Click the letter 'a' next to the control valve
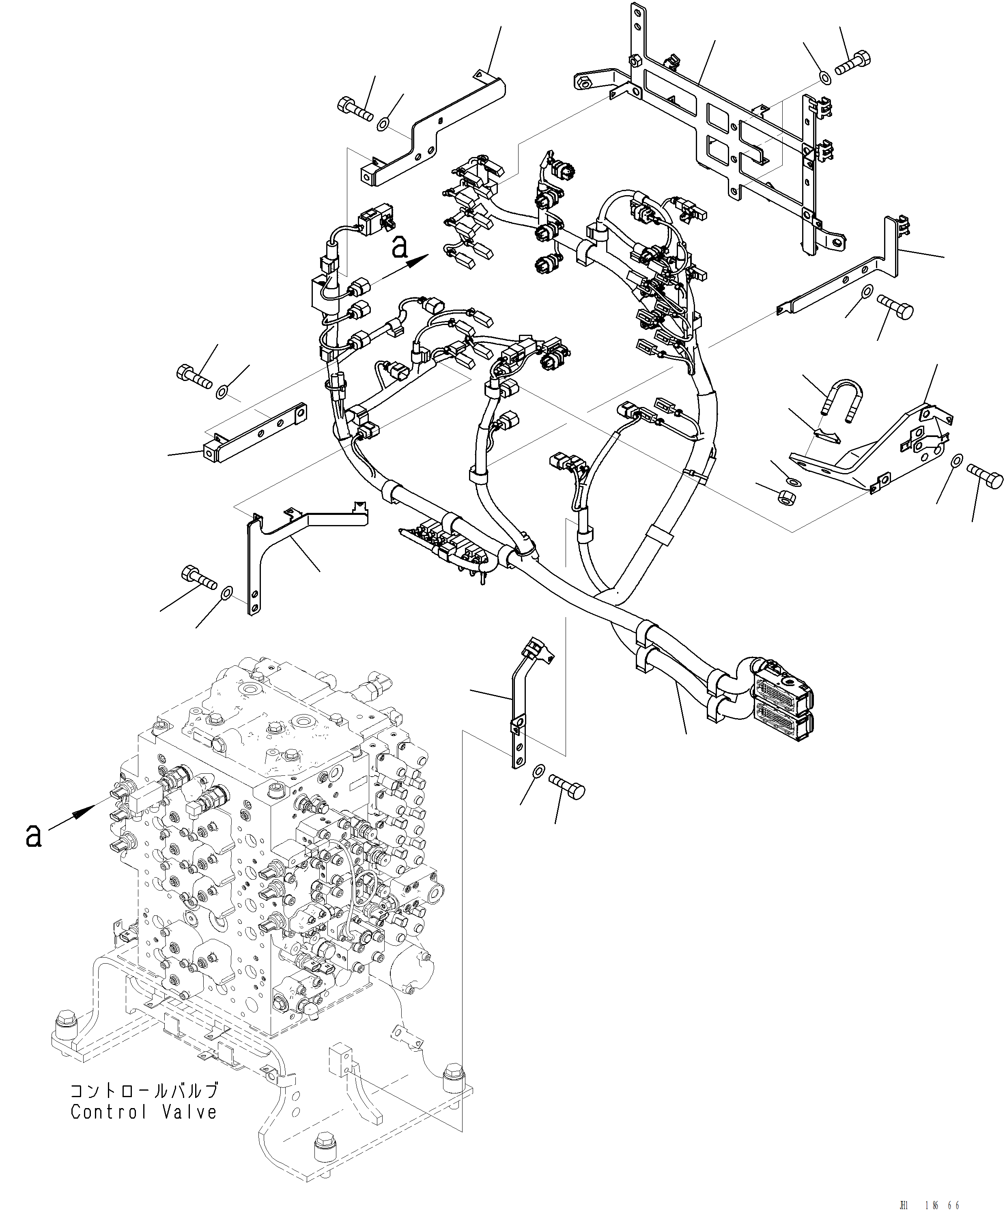pyautogui.click(x=34, y=836)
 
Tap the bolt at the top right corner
pyautogui.click(x=854, y=62)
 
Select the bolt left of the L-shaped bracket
pyautogui.click(x=198, y=577)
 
